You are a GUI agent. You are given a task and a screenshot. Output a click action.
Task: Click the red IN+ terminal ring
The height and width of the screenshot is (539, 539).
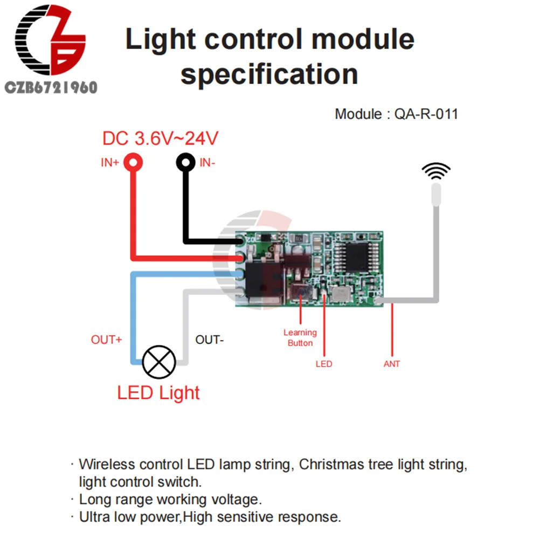click(x=133, y=162)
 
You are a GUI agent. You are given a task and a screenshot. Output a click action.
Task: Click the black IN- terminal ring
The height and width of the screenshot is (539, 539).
click(x=186, y=162)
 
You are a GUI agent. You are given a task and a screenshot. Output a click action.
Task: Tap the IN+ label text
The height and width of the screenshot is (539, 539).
click(x=110, y=162)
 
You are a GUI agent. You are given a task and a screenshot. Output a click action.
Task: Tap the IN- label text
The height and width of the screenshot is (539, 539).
click(x=208, y=162)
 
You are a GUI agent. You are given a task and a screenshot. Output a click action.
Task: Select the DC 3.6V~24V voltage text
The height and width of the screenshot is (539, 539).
click(x=160, y=139)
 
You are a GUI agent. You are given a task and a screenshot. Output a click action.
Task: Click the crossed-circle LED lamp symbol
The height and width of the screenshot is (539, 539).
click(x=158, y=363)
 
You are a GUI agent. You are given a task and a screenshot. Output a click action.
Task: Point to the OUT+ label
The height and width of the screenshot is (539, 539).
click(x=106, y=340)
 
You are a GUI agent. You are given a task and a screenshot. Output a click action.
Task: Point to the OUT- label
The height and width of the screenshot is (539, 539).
click(x=209, y=340)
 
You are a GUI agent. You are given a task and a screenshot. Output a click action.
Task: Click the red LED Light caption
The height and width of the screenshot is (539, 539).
click(x=158, y=392)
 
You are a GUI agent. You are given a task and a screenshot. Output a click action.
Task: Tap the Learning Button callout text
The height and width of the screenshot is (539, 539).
click(x=300, y=337)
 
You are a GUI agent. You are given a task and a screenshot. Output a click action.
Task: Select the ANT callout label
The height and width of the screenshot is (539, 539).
click(x=392, y=364)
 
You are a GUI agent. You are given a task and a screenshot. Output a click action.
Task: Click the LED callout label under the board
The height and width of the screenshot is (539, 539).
click(x=324, y=364)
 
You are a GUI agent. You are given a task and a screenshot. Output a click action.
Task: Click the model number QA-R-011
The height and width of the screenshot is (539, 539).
click(x=426, y=114)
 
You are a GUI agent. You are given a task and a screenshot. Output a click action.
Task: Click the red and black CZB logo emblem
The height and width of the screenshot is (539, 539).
click(x=51, y=43)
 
